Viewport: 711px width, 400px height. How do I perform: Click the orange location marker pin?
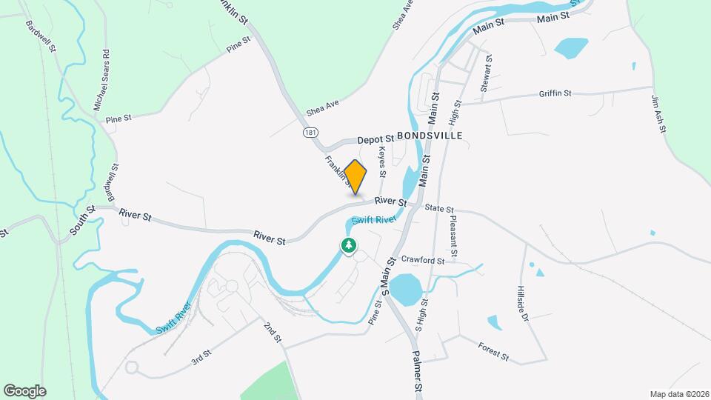click(355, 176)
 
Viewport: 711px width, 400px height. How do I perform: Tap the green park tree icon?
click(348, 245)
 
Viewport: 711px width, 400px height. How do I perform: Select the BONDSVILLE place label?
click(430, 136)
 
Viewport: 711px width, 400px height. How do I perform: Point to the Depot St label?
click(374, 139)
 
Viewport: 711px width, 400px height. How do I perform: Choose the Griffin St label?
click(555, 93)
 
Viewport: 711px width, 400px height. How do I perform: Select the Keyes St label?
click(383, 161)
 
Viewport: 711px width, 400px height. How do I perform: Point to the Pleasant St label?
click(454, 237)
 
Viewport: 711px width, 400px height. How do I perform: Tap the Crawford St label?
click(422, 261)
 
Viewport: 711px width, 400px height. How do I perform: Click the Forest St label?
click(493, 350)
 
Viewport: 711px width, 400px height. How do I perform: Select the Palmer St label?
click(417, 373)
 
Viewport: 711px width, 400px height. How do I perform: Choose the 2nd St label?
click(273, 332)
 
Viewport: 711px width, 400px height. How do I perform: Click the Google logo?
click(24, 390)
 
